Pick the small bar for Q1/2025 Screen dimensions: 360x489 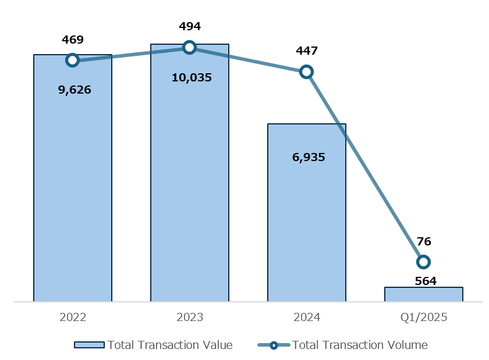pos(424,294)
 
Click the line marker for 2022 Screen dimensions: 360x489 pos(72,60)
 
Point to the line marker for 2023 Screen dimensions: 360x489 pos(189,48)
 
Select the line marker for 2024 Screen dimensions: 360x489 pos(306,72)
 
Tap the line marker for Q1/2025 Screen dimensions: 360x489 pos(423,262)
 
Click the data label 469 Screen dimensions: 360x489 pos(73,40)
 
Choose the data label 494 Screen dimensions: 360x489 pos(190,27)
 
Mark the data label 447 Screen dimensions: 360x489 pos(307,51)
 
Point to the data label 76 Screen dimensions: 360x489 pos(424,242)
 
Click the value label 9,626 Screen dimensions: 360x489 pos(75,90)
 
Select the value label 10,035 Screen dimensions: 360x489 pos(192,77)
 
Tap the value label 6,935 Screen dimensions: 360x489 pos(309,157)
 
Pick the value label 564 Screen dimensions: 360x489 pos(426,281)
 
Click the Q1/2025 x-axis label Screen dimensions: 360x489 pos(424,318)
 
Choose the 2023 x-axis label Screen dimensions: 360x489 pos(190,318)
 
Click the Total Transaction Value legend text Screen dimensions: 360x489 pos(170,345)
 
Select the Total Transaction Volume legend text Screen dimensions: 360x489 pos(360,345)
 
